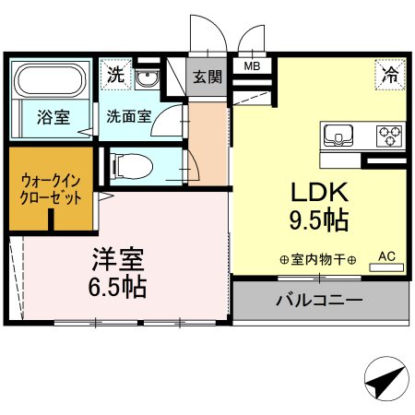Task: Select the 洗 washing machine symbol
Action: (x=115, y=74)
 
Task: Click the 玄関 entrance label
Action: (x=207, y=77)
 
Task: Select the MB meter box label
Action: (x=251, y=65)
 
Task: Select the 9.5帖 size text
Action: (x=319, y=221)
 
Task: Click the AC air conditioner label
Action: (x=386, y=256)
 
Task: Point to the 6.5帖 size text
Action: (x=117, y=286)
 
